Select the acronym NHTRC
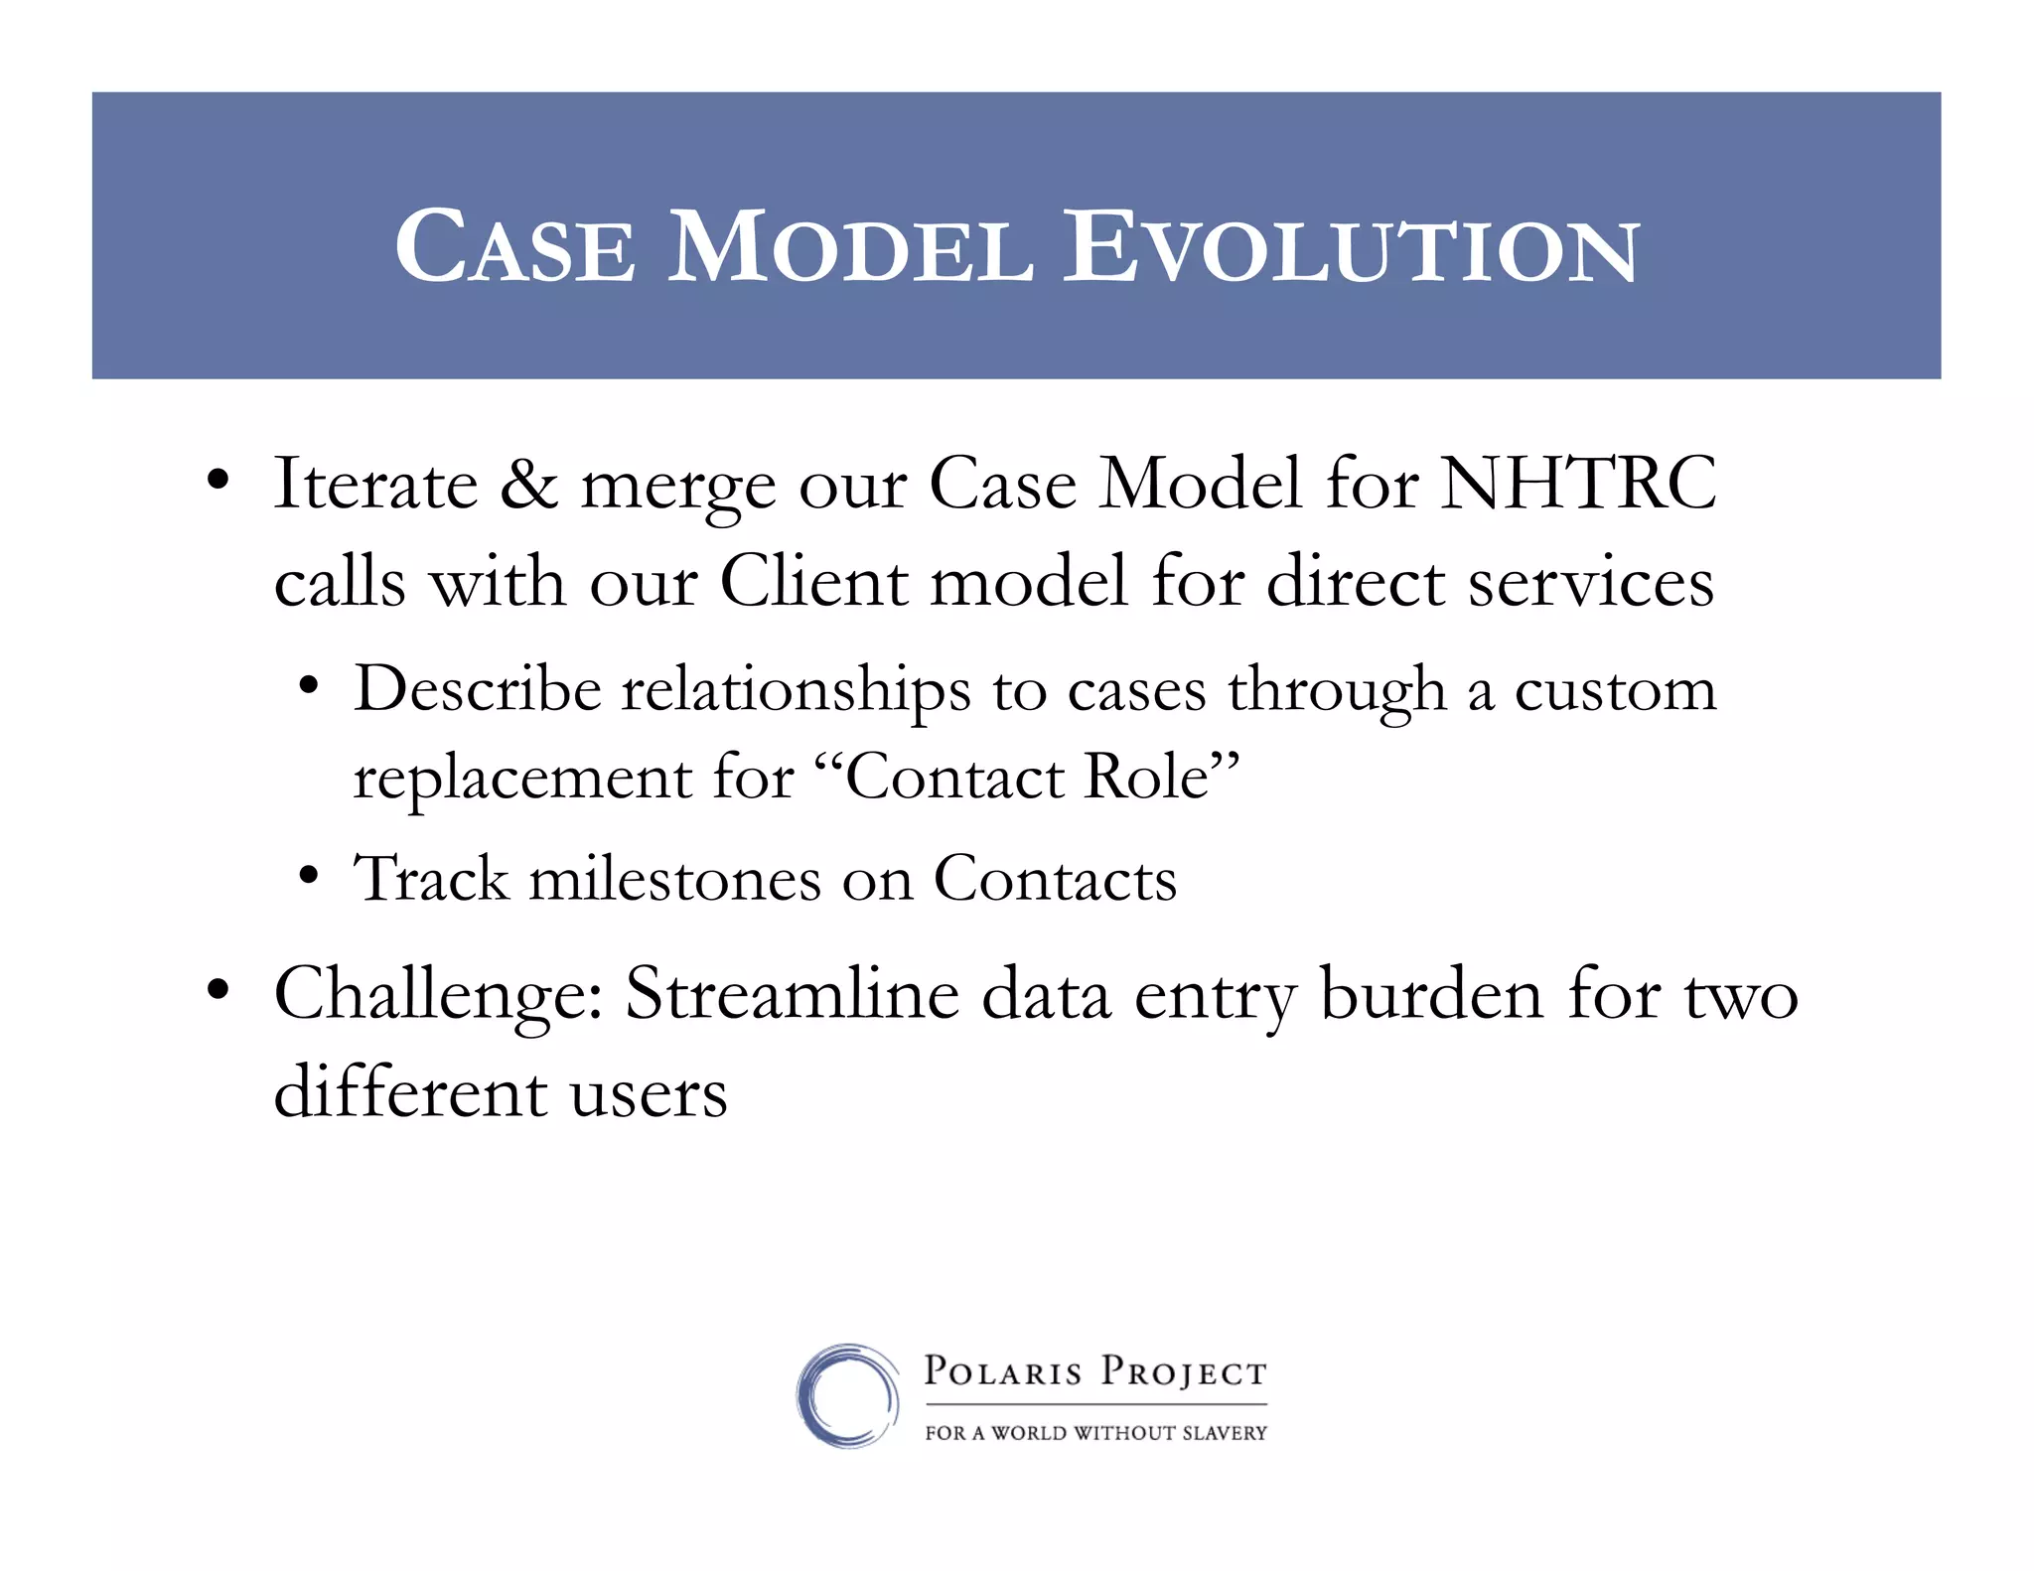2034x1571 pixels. [x=1578, y=484]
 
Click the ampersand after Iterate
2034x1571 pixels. [x=528, y=484]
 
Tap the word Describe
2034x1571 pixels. [x=478, y=688]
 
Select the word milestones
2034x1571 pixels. [x=674, y=880]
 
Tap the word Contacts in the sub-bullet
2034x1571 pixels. [x=1055, y=880]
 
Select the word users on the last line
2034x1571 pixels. [x=648, y=1093]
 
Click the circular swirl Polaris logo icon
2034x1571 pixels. [x=847, y=1395]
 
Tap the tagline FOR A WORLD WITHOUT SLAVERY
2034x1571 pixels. [x=1095, y=1433]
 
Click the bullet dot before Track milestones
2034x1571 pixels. [x=309, y=877]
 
